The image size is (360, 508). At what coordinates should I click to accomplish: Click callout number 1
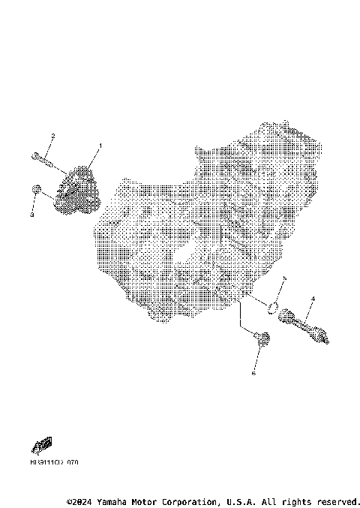[100, 145]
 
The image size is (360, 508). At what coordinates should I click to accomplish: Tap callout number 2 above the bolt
[52, 136]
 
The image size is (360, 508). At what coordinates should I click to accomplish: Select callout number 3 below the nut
[31, 215]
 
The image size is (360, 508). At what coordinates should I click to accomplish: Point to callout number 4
[313, 299]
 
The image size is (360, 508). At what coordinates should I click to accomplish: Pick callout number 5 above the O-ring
[284, 278]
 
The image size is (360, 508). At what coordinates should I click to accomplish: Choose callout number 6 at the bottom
[253, 372]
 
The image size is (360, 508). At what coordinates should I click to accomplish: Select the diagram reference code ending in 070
[54, 463]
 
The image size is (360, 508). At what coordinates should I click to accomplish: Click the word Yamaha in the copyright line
[115, 501]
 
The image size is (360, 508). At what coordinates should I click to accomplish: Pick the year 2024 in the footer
[83, 501]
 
